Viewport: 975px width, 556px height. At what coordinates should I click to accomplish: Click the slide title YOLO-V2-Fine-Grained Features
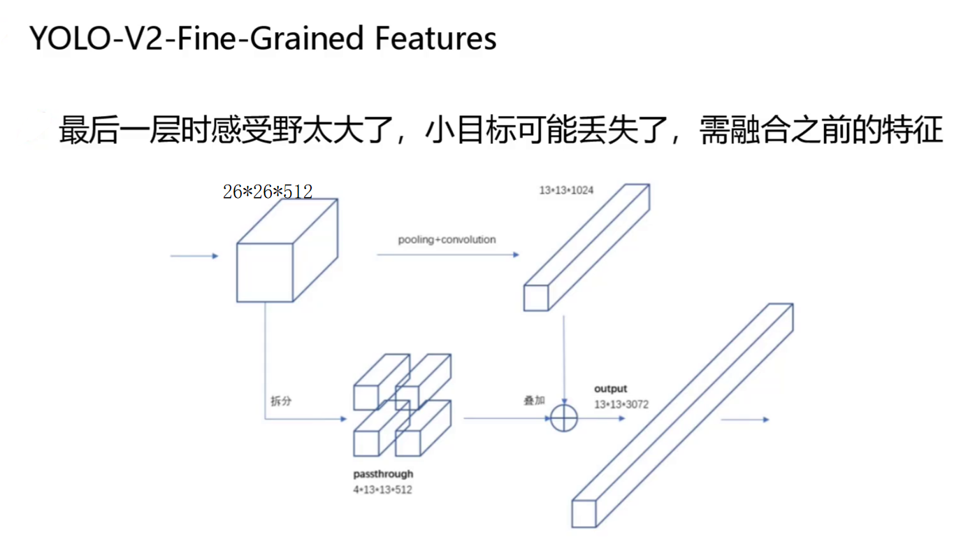tap(263, 38)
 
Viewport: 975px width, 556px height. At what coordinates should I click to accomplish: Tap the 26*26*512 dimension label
tap(268, 191)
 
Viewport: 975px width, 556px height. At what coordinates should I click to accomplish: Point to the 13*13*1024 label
tap(566, 190)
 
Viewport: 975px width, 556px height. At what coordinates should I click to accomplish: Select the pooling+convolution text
tap(447, 239)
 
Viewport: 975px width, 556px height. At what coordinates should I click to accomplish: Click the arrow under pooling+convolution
tap(447, 255)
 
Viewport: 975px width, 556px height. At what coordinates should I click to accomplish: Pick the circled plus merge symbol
tap(564, 418)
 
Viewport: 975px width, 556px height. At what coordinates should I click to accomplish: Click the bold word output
tap(610, 388)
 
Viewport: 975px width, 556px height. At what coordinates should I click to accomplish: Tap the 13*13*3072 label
tap(621, 404)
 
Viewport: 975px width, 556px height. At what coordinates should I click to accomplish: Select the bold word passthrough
tap(383, 474)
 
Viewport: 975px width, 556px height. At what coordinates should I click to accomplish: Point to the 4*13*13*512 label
tap(382, 490)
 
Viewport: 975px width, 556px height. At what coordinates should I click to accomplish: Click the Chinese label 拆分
tap(281, 401)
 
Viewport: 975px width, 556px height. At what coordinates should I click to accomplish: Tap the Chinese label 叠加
tap(534, 400)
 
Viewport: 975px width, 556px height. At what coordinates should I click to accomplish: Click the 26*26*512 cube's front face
tap(264, 273)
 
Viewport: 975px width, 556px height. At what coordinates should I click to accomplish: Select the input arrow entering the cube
tap(194, 256)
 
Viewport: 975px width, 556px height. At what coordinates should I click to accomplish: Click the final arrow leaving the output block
tap(744, 420)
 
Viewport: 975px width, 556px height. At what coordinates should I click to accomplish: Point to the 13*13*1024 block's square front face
tap(535, 298)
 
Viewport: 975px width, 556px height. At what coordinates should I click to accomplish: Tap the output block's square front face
tap(584, 514)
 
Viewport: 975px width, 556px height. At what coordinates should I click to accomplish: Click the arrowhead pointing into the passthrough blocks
tap(342, 419)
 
